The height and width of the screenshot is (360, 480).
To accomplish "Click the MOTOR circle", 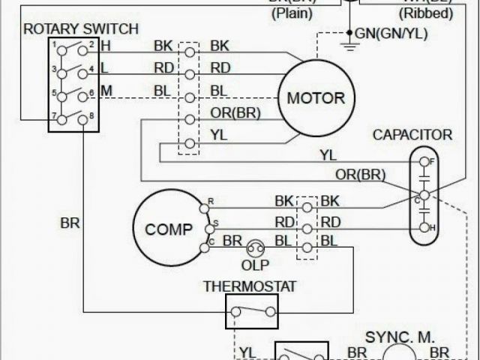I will pyautogui.click(x=316, y=98).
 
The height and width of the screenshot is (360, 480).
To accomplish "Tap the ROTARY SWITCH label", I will pyautogui.click(x=81, y=29).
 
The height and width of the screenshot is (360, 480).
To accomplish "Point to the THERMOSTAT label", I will pyautogui.click(x=250, y=286).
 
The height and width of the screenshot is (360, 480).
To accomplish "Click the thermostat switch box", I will pyautogui.click(x=251, y=311).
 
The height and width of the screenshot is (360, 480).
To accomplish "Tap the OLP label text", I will pyautogui.click(x=255, y=264).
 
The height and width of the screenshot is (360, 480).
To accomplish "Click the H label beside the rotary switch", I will pyautogui.click(x=105, y=46).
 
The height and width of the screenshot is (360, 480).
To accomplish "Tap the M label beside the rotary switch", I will pyautogui.click(x=106, y=91).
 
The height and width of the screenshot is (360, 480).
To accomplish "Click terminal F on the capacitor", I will pyautogui.click(x=424, y=161).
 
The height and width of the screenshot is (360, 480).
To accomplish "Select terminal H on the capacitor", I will pyautogui.click(x=424, y=226).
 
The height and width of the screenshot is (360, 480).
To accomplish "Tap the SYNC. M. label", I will pyautogui.click(x=400, y=337).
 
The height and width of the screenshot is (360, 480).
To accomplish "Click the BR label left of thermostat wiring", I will pyautogui.click(x=70, y=223).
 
